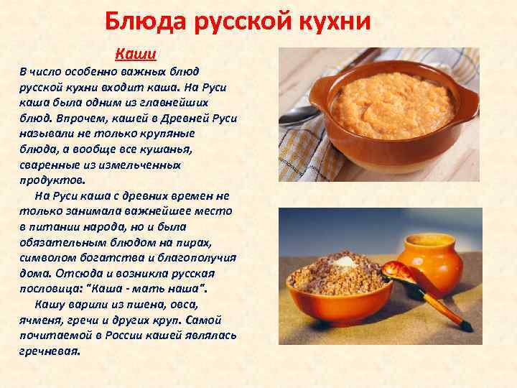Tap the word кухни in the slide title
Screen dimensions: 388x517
pyautogui.click(x=337, y=22)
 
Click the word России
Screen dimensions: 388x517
pyautogui.click(x=127, y=336)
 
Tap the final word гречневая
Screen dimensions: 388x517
pyautogui.click(x=50, y=351)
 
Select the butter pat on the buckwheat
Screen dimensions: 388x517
pyautogui.click(x=349, y=261)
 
